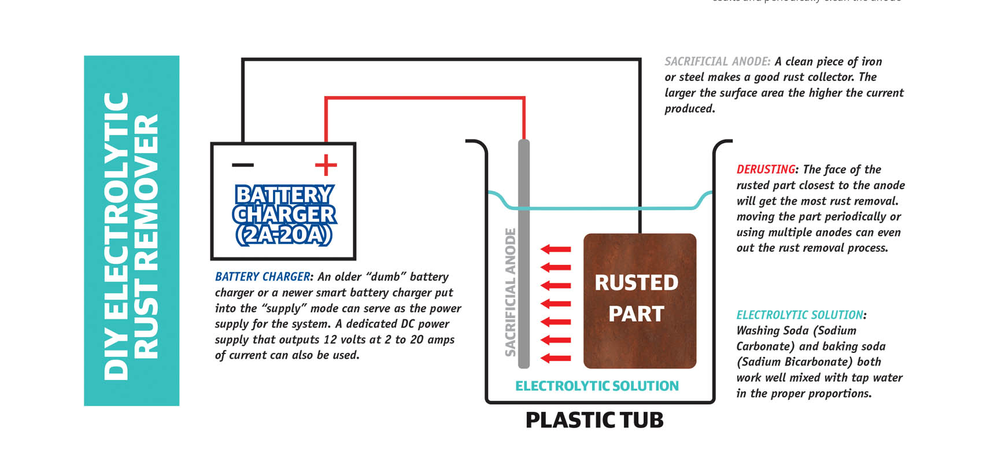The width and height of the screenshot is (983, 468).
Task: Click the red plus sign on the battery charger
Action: [326, 165]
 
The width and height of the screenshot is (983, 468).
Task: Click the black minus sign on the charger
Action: [243, 165]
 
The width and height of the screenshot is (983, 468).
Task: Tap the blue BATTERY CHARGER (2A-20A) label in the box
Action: [284, 215]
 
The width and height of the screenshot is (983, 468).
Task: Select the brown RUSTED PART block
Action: [640, 301]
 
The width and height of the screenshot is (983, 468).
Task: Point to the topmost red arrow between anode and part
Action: [556, 249]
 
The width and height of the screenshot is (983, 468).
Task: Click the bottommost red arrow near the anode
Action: [556, 358]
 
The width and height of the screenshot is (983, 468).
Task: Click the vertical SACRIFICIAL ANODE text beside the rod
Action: [510, 292]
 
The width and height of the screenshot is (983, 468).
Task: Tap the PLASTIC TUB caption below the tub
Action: [594, 420]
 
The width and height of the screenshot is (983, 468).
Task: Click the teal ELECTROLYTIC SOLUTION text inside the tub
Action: [597, 386]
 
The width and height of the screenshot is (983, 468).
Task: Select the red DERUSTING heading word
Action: [766, 169]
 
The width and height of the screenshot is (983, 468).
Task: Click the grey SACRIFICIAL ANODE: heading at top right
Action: [717, 62]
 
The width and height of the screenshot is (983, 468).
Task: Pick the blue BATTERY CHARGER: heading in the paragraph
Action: [263, 277]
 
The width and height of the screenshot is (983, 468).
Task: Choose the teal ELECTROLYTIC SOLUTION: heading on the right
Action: [800, 315]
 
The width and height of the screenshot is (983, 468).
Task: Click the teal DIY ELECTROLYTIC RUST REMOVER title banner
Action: [131, 231]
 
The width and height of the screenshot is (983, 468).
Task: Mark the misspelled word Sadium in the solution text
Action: [761, 362]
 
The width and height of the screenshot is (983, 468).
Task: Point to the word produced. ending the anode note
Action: [689, 109]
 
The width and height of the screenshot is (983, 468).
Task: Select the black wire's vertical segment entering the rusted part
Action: [640, 174]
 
